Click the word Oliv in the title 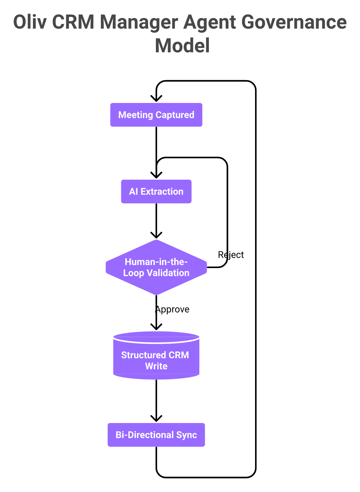(x=30, y=22)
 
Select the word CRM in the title (x=73, y=22)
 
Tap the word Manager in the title (x=139, y=22)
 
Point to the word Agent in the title (x=209, y=22)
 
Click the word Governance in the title (x=294, y=22)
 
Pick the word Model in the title (x=182, y=46)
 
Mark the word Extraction (x=162, y=192)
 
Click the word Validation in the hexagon (x=168, y=273)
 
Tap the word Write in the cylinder (x=156, y=366)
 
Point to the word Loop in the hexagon (x=133, y=273)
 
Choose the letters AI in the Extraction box (x=133, y=192)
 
